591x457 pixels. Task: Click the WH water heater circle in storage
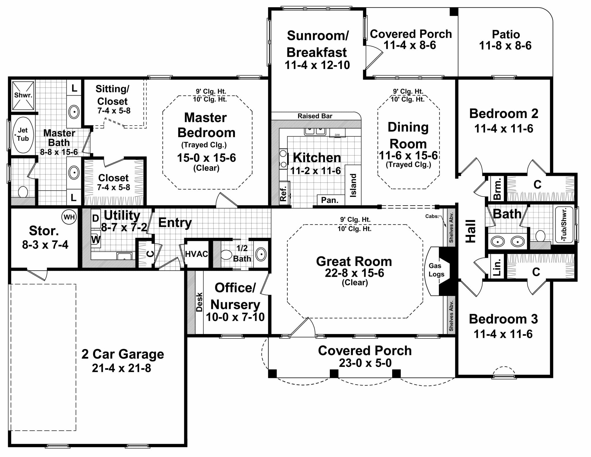click(69, 217)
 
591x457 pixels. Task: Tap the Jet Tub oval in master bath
click(22, 135)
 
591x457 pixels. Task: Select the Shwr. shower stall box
click(23, 95)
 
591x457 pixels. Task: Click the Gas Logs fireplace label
click(436, 270)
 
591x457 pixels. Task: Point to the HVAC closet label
click(197, 254)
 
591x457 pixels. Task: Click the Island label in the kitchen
click(353, 185)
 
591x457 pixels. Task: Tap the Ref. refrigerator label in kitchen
click(283, 193)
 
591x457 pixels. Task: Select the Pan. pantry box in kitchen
click(330, 200)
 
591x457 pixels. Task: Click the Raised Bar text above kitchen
click(315, 116)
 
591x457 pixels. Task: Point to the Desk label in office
click(199, 302)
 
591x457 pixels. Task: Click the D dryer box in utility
click(96, 218)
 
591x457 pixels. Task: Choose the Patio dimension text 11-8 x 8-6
click(505, 46)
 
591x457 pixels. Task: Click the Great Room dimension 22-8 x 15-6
click(354, 273)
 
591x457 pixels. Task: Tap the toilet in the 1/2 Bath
click(227, 255)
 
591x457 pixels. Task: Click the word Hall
click(471, 231)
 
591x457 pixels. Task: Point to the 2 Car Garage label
click(123, 354)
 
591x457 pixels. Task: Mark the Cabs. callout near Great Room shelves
click(432, 216)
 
